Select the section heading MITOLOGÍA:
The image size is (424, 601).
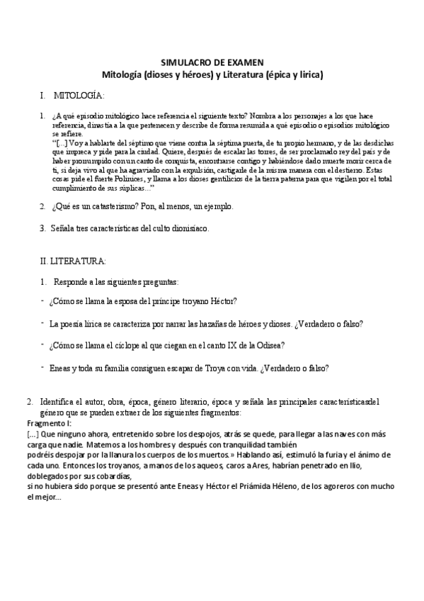pyautogui.click(x=79, y=95)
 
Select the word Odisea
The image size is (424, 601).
pyautogui.click(x=269, y=345)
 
